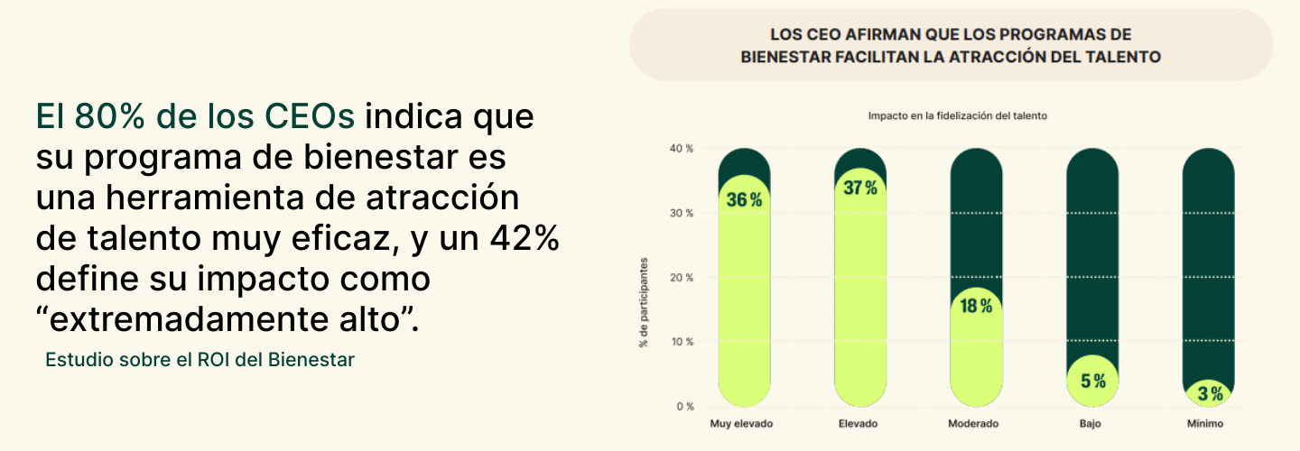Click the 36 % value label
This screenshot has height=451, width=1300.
[744, 200]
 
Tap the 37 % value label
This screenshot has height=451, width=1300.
[859, 189]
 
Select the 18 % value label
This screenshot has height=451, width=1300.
[976, 306]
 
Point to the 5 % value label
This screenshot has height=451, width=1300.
[1092, 381]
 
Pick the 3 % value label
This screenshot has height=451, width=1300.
[1210, 393]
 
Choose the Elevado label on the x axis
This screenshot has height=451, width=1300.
[858, 424]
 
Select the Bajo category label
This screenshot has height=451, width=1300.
[1092, 424]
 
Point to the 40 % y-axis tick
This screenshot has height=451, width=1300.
[682, 148]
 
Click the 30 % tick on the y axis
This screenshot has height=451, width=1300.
[682, 213]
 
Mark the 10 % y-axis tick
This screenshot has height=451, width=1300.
[682, 342]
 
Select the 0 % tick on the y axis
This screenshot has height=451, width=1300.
[684, 407]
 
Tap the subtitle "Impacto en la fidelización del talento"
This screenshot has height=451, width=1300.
[957, 116]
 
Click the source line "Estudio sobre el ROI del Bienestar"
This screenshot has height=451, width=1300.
[200, 360]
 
